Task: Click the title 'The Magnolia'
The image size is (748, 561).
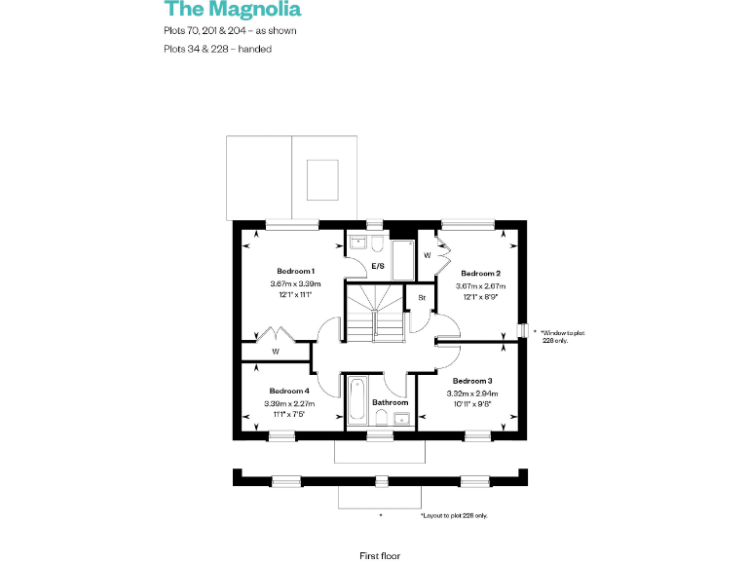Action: pyautogui.click(x=233, y=10)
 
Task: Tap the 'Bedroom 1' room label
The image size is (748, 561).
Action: pyautogui.click(x=295, y=270)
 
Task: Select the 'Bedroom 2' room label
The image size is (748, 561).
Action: pyautogui.click(x=480, y=273)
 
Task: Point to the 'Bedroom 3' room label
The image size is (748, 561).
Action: pyautogui.click(x=471, y=380)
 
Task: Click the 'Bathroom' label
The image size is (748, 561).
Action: pyautogui.click(x=390, y=402)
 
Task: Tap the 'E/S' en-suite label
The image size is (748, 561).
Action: pyautogui.click(x=378, y=265)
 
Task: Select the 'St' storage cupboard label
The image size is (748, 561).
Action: pyautogui.click(x=422, y=296)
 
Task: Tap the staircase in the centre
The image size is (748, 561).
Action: pyautogui.click(x=375, y=312)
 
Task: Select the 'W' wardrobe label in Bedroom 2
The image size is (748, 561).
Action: pyautogui.click(x=428, y=255)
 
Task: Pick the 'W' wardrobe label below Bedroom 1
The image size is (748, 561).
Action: pyautogui.click(x=276, y=351)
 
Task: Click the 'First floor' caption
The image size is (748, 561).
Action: pyautogui.click(x=380, y=555)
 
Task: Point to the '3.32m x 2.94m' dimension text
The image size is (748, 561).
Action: pyautogui.click(x=471, y=392)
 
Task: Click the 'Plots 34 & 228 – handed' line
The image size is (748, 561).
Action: pyautogui.click(x=217, y=49)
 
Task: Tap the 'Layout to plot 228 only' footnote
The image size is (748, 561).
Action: pyautogui.click(x=454, y=514)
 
